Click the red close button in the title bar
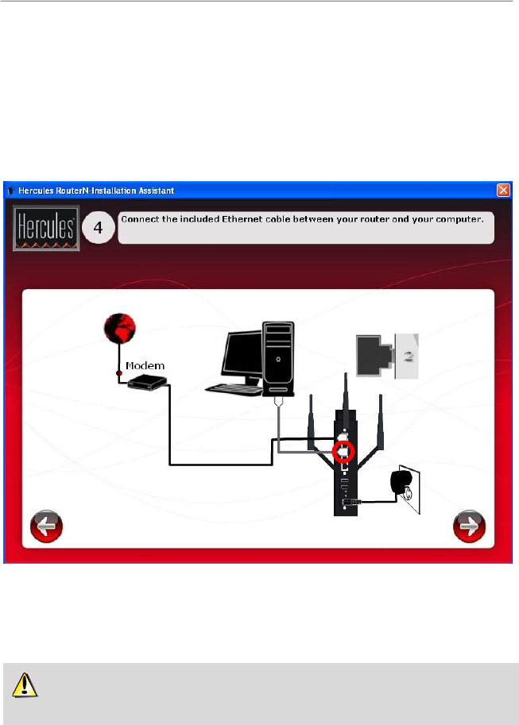coord(503,191)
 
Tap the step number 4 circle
coord(98,228)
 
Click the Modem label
coord(145,365)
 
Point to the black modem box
coord(145,384)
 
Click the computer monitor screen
coord(243,355)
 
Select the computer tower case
coord(278,357)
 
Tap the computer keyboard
coord(238,389)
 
